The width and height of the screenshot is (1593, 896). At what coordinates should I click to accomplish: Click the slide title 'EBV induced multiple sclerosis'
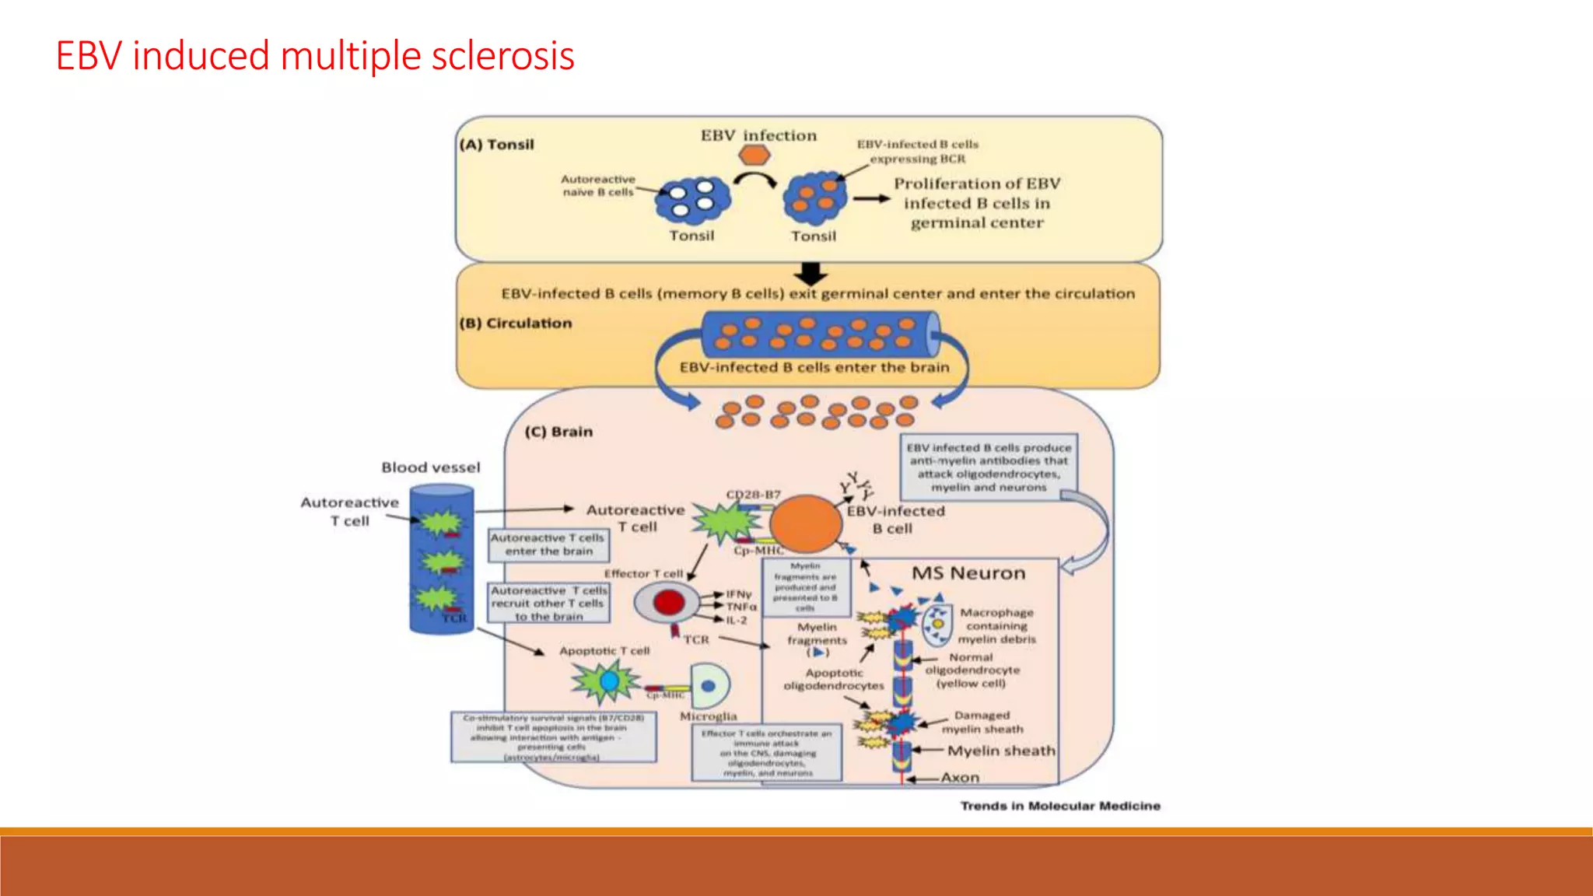pos(315,56)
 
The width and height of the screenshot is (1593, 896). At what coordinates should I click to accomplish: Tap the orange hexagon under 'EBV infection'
pos(754,156)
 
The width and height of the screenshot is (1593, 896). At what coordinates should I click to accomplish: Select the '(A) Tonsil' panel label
pos(497,145)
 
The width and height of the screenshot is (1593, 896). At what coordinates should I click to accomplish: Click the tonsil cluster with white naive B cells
pos(691,199)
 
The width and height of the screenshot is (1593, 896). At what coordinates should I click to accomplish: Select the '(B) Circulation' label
pos(516,323)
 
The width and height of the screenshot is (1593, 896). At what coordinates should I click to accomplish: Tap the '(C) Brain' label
pos(558,432)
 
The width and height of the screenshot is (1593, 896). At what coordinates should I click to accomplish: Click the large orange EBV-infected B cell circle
pos(805,523)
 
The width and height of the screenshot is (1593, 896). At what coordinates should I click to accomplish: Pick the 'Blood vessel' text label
pos(430,467)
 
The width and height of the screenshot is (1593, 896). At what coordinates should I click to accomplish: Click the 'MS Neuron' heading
pos(968,573)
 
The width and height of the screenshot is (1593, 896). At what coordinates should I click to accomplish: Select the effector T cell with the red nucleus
pos(667,602)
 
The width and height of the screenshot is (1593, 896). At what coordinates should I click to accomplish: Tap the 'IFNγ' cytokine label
pos(738,593)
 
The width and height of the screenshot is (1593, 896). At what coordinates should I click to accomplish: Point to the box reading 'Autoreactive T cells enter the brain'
pos(548,544)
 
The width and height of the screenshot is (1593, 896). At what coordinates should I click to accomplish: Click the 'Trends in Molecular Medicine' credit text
pos(1059,806)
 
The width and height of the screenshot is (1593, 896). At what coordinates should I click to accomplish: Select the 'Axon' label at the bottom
pos(960,777)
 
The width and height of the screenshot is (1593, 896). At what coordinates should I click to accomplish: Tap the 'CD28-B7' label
pos(752,495)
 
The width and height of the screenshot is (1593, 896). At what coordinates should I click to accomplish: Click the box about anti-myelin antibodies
pos(989,467)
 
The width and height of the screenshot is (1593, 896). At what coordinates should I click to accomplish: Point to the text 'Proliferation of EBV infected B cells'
pos(976,203)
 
